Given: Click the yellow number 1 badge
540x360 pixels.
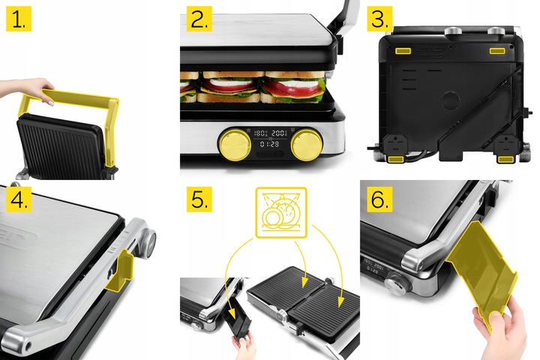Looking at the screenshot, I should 19,19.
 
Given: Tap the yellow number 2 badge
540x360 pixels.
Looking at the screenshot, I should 197,19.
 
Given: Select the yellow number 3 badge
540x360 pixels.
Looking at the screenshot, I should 379,19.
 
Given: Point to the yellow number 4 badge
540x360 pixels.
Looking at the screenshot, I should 19,199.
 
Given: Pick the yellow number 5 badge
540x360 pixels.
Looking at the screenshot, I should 197,199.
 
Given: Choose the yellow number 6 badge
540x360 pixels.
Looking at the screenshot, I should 379,199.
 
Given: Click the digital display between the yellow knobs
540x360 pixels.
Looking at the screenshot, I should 269,136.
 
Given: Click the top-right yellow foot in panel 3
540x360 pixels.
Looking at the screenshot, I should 499,49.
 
